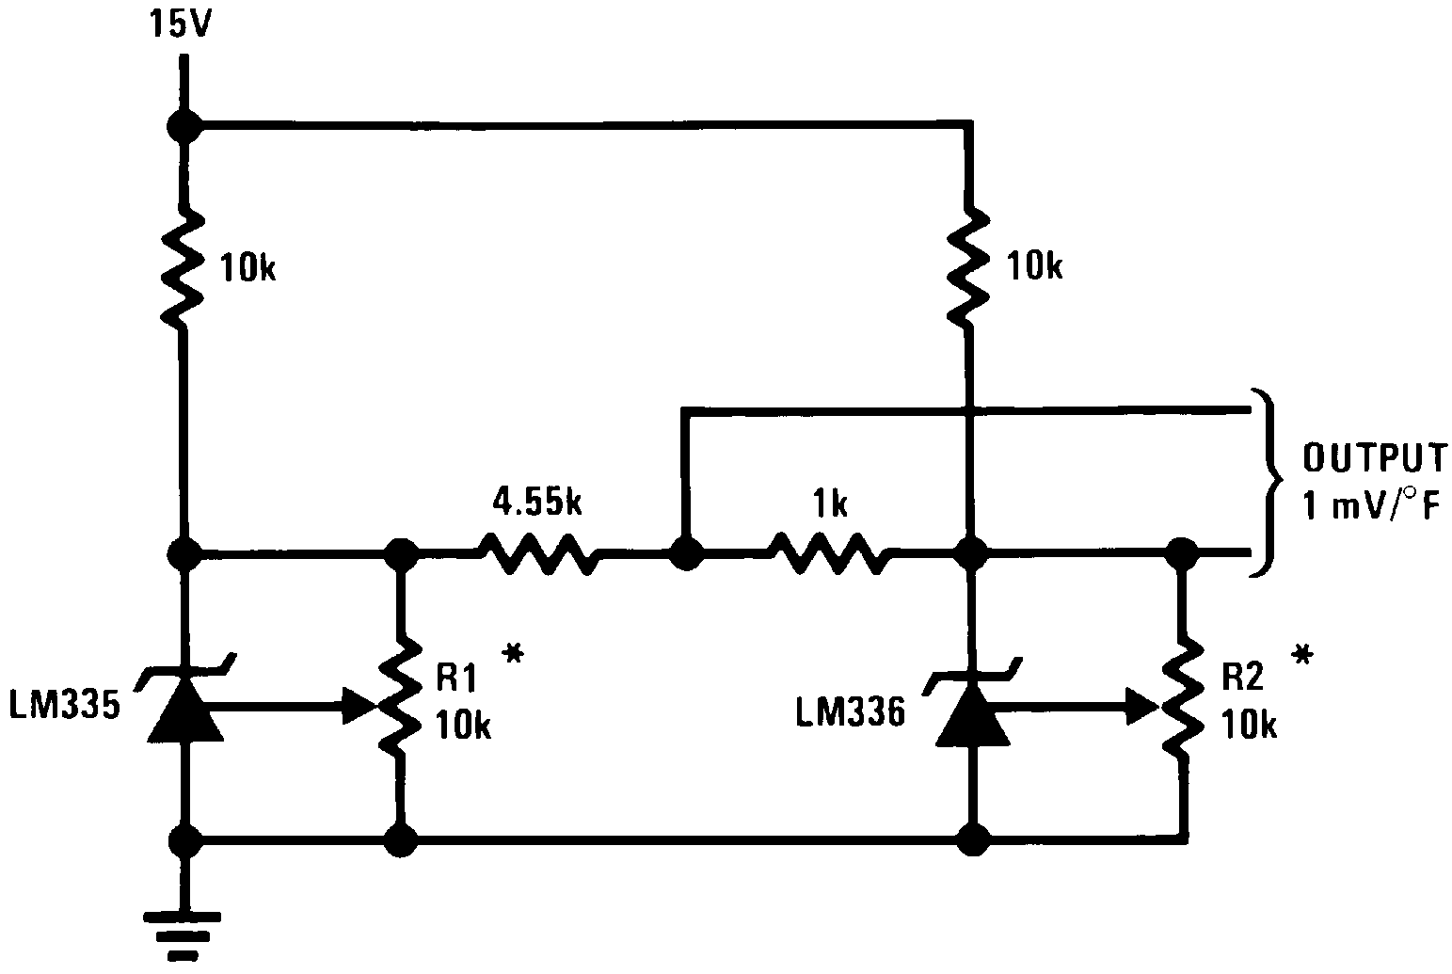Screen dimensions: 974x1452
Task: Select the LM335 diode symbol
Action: pos(184,711)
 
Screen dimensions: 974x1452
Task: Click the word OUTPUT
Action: pos(1374,458)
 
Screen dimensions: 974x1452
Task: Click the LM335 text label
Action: pos(65,707)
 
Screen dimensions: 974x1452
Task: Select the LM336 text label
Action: pos(850,712)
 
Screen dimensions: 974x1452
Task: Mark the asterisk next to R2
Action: pos(1302,656)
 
